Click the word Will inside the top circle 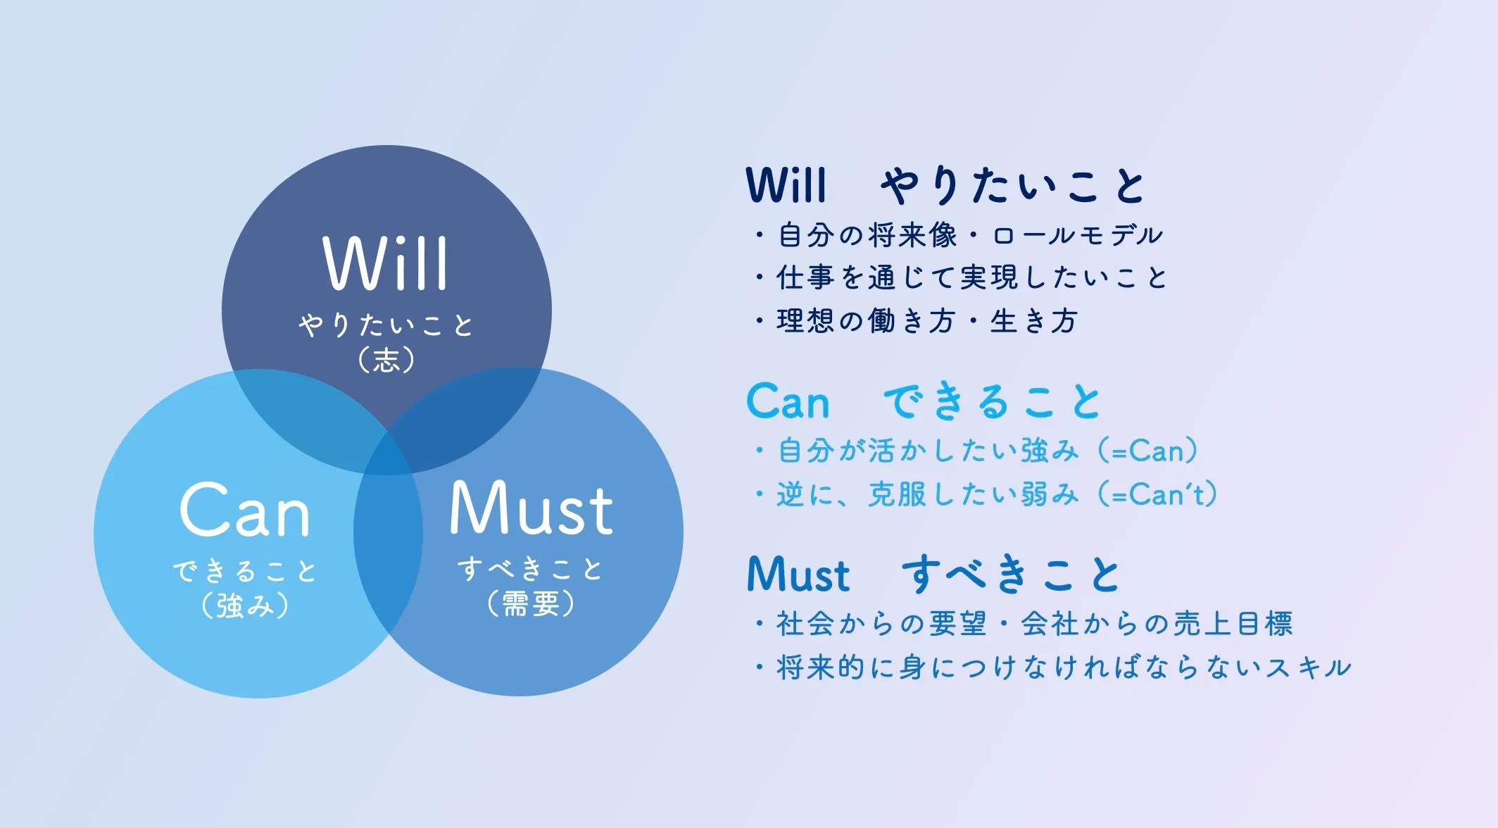pos(385,263)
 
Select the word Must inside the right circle pos(531,508)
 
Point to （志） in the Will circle pos(386,360)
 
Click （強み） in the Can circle pos(245,605)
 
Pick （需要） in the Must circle pos(531,603)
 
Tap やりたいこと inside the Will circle pos(386,325)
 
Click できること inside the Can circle pos(245,570)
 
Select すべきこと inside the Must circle pos(531,568)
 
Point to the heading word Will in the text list pos(786,185)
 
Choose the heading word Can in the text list pos(788,401)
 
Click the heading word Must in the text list pos(798,575)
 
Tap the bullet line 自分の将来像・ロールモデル pos(958,235)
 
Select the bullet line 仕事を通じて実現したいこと pos(961,277)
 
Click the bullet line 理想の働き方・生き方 pos(916,321)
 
